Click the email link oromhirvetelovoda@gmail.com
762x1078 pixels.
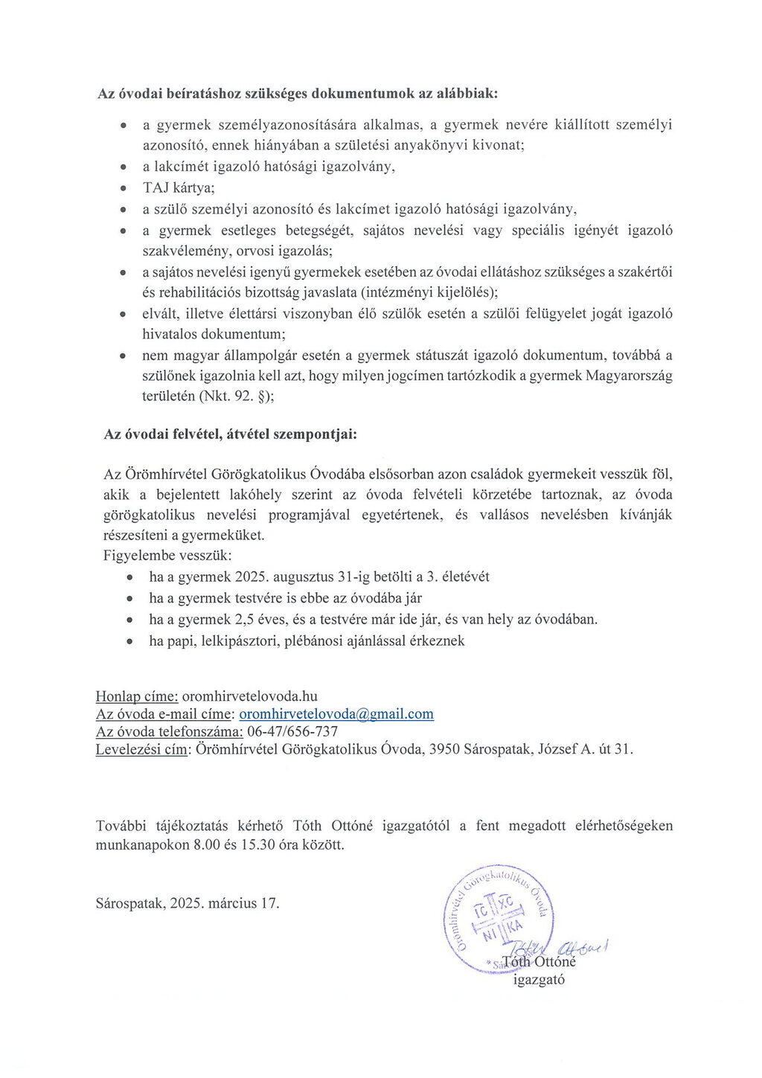[336, 714]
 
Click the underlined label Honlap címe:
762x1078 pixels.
[137, 696]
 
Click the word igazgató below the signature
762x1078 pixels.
[540, 980]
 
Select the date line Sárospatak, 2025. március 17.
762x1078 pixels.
[188, 903]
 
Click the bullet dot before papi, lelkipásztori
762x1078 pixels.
[131, 641]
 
